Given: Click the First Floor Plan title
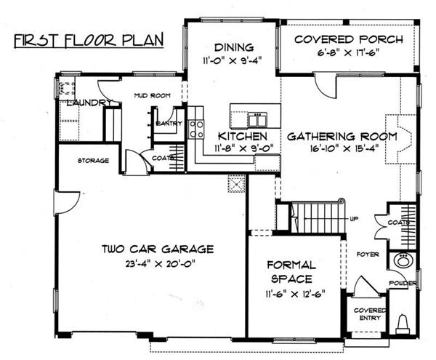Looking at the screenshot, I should (88, 38).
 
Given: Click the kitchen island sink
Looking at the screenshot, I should (256, 118).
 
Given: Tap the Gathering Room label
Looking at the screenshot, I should (341, 136).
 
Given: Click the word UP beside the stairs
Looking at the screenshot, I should (354, 219).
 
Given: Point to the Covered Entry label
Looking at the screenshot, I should (368, 313).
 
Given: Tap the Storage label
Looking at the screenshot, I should (94, 160).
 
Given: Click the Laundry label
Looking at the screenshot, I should (86, 103).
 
